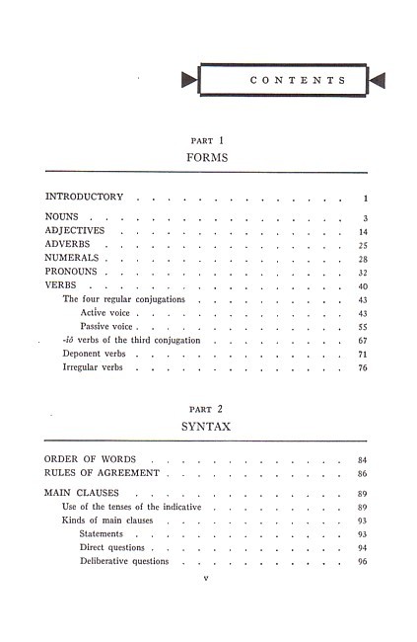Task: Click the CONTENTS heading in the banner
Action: coord(284,81)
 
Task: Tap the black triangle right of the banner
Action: coord(377,81)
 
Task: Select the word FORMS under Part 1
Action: coord(207,157)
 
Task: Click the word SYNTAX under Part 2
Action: coord(207,427)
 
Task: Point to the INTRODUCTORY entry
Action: coord(84,197)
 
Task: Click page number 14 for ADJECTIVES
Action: coord(363,231)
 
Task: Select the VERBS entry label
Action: coord(60,285)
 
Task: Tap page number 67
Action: coord(363,340)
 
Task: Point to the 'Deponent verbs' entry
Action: coord(97,354)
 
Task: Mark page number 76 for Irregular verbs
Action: coord(363,367)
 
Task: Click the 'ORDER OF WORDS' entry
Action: coord(91,459)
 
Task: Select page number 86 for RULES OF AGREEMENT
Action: coord(363,474)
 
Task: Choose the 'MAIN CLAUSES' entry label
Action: coord(83,492)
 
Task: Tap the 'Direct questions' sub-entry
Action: coord(111,547)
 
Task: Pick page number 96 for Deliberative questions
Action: coord(363,561)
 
